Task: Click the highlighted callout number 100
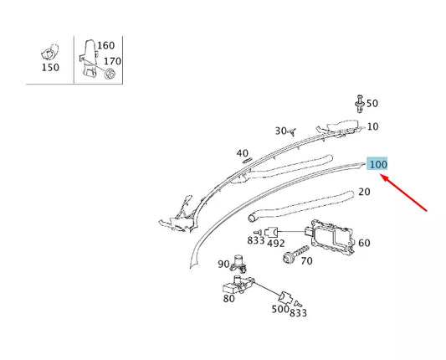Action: click(377, 164)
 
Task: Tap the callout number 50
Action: click(372, 104)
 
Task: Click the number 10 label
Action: click(372, 126)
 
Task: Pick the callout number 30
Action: click(281, 131)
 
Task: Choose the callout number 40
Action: click(243, 153)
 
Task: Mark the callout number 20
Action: click(364, 192)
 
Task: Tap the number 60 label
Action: click(364, 244)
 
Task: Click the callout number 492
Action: click(277, 241)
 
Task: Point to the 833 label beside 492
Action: click(255, 241)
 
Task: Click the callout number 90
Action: click(223, 265)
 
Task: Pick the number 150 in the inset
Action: click(50, 67)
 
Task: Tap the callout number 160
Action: click(106, 45)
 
